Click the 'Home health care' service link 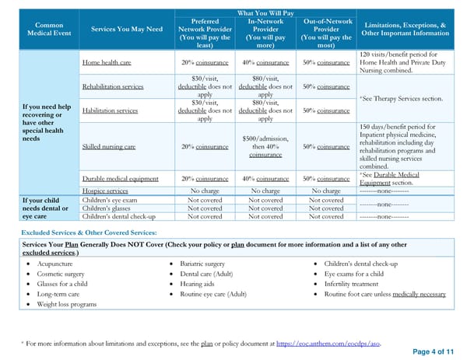click(x=108, y=62)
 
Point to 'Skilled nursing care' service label click(x=112, y=147)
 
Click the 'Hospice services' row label click(x=105, y=190)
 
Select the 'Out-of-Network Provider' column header click(x=326, y=30)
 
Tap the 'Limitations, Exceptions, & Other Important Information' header click(x=404, y=30)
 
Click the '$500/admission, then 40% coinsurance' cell click(x=265, y=147)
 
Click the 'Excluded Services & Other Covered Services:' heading click(x=89, y=233)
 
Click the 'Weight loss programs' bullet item click(x=67, y=305)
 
